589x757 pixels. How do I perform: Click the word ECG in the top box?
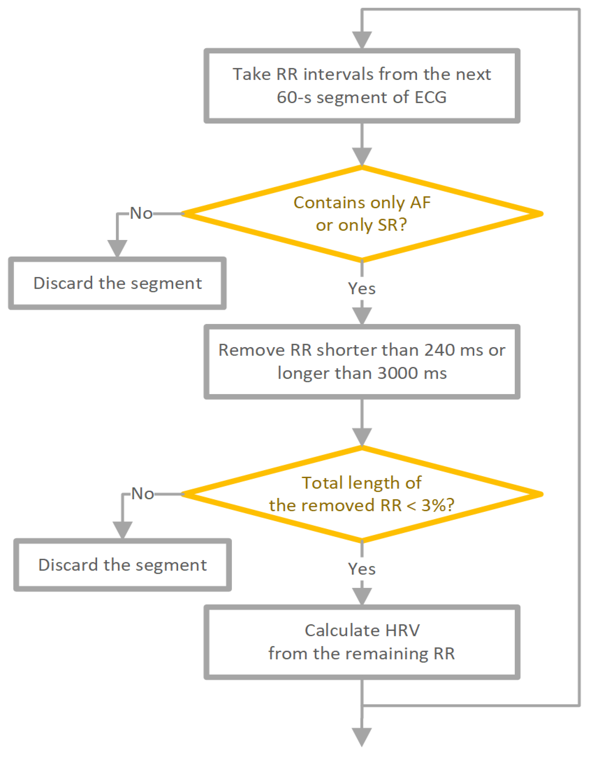coord(431,97)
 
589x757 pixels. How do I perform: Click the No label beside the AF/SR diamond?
coord(141,214)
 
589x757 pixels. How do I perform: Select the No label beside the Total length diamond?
coord(143,494)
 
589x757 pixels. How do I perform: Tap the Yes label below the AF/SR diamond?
coord(362,289)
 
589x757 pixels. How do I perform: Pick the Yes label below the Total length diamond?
coord(362,569)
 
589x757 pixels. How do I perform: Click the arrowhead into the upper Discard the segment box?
coord(117,248)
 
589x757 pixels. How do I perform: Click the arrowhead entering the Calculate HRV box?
coord(362,596)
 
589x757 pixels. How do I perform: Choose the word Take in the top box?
coord(251,74)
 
